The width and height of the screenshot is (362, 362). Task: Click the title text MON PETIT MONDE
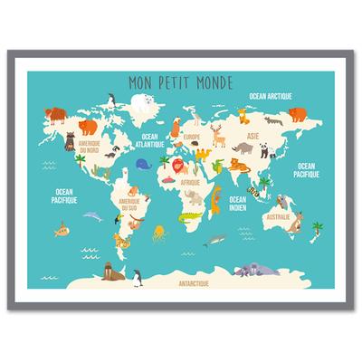(x=180, y=80)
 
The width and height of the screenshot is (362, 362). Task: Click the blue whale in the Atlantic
(x=143, y=164)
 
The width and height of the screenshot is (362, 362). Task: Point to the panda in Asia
(x=264, y=149)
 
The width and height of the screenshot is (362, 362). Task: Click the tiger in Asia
(x=233, y=164)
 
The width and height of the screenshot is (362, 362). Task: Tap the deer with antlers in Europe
(x=218, y=135)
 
